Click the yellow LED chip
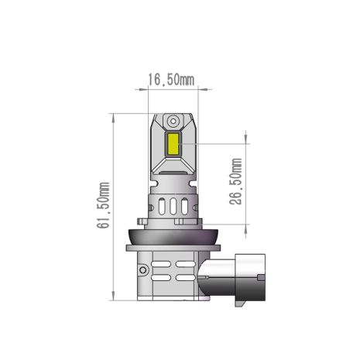[173, 143]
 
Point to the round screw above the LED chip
[173, 122]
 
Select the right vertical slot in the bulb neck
[186, 207]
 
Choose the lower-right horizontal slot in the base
[187, 277]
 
